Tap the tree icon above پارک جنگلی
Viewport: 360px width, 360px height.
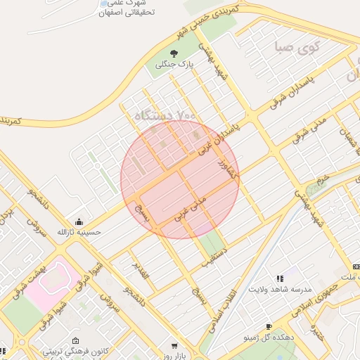pos(174,53)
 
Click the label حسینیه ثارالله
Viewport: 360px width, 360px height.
pos(79,231)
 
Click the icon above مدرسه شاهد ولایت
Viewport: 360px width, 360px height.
pos(281,279)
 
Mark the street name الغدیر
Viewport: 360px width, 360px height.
pos(141,271)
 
